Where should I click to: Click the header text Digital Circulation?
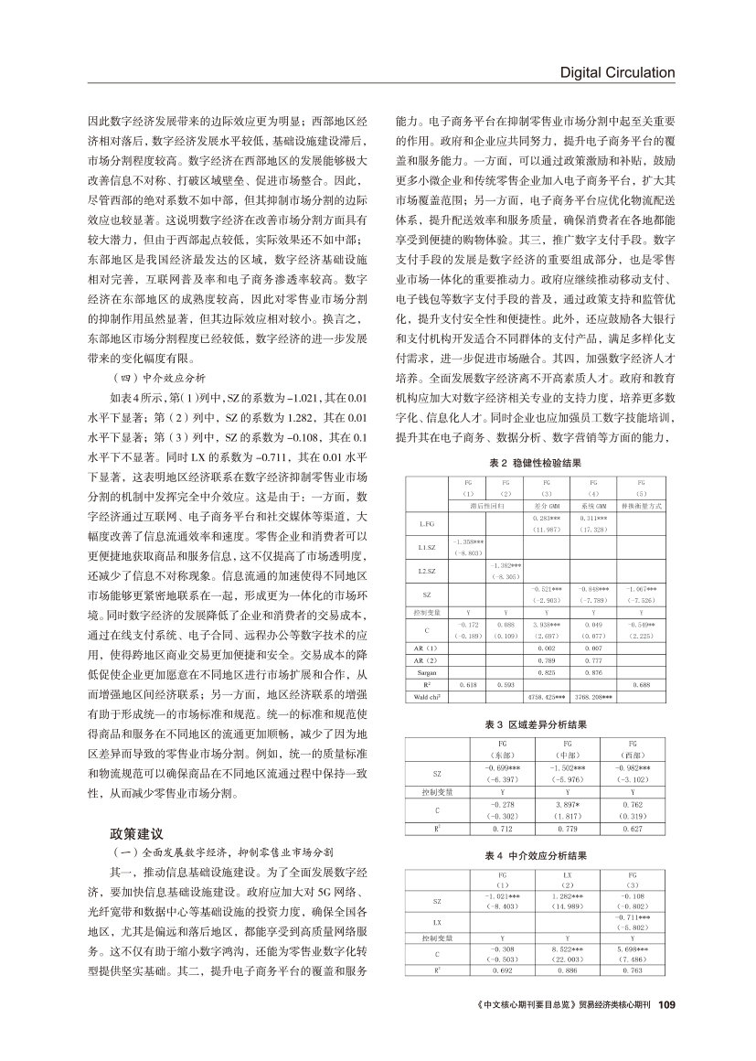[x=617, y=72]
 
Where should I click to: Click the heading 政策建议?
[x=137, y=833]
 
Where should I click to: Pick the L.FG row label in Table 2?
[x=425, y=524]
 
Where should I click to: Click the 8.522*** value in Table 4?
[x=567, y=948]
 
